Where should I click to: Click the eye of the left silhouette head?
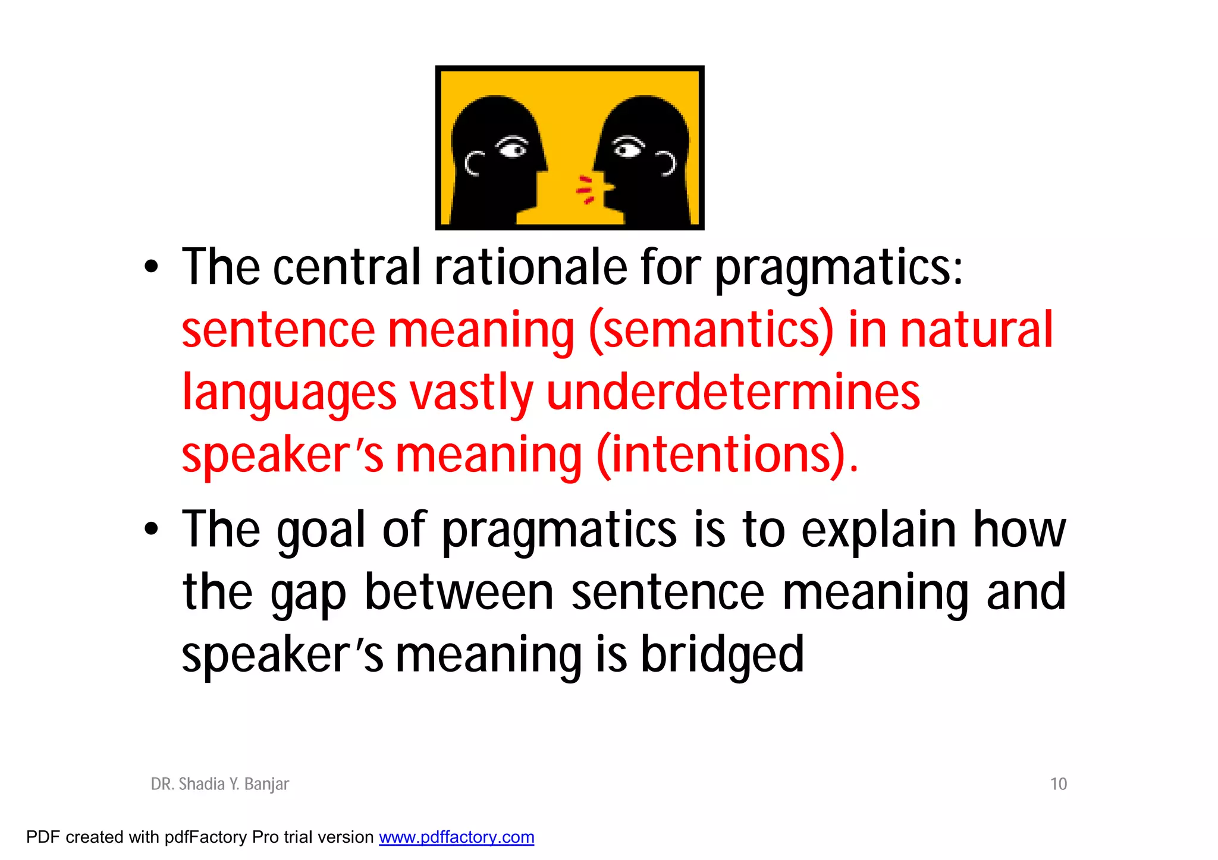[x=513, y=147]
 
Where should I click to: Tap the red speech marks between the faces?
[x=586, y=190]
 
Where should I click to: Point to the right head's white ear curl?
[x=667, y=163]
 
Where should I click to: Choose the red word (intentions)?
[x=727, y=455]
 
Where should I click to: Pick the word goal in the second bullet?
[x=321, y=530]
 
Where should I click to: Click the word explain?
[x=879, y=530]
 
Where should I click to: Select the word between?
[x=459, y=593]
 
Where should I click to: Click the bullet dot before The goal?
[x=152, y=528]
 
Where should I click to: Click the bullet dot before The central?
[x=152, y=267]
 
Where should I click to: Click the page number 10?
[x=1058, y=784]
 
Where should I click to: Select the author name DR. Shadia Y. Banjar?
[x=219, y=784]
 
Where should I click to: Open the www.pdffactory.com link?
[x=456, y=837]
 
